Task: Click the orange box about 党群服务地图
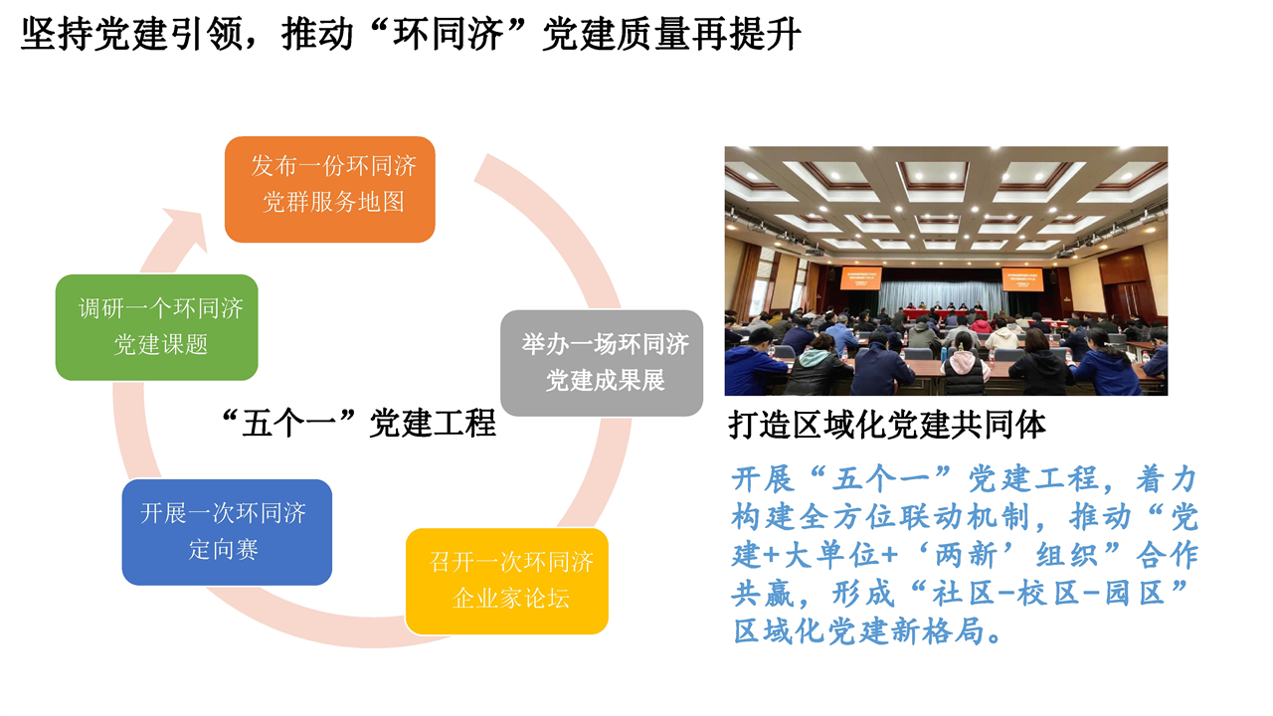[329, 189]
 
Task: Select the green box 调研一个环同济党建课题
[157, 327]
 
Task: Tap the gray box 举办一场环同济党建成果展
[602, 363]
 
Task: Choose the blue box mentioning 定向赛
[227, 532]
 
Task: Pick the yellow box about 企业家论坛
[507, 582]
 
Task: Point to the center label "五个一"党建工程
[359, 424]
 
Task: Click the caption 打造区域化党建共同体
[886, 425]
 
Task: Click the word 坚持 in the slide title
[56, 34]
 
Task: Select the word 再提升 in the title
[746, 34]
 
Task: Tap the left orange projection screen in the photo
[860, 277]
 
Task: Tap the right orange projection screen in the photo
[1022, 279]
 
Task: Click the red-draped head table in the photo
[945, 315]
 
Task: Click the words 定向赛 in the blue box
[224, 550]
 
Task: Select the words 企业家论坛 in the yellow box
[510, 599]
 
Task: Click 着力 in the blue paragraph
[1167, 478]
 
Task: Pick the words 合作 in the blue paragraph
[1167, 555]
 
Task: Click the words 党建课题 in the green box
[161, 344]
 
